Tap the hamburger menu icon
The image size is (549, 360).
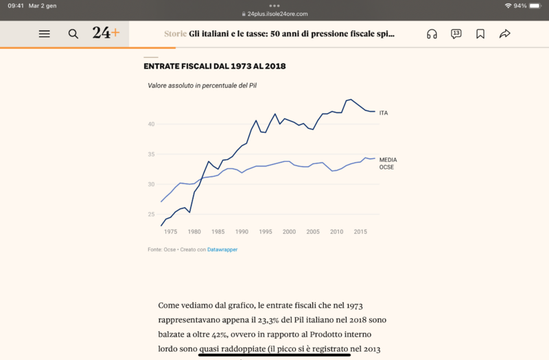45,34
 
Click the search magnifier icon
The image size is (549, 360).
73,34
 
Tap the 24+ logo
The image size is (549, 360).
106,33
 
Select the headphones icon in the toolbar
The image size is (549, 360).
432,34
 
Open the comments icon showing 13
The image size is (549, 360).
456,34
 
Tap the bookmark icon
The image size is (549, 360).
480,34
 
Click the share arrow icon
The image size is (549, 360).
505,34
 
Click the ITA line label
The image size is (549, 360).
384,112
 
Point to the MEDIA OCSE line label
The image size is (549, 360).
388,163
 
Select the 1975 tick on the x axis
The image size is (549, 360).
170,232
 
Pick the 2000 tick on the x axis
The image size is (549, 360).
289,232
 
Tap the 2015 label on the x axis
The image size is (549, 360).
360,232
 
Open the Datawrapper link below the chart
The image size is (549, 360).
222,250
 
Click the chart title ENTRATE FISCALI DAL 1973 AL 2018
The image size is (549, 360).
215,67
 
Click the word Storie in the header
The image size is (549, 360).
175,34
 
